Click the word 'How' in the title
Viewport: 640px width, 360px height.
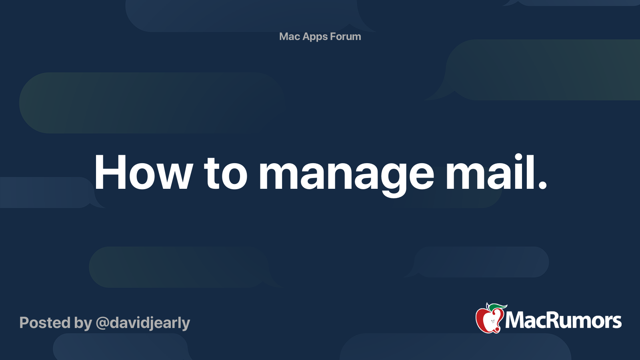[143, 173]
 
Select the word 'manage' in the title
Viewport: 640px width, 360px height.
[346, 174]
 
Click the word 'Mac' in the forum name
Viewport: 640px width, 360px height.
[290, 36]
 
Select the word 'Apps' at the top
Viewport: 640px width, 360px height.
[315, 37]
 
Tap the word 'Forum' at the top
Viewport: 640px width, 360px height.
[346, 36]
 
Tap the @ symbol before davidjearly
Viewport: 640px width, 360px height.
[102, 323]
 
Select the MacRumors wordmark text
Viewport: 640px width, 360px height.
[563, 321]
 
